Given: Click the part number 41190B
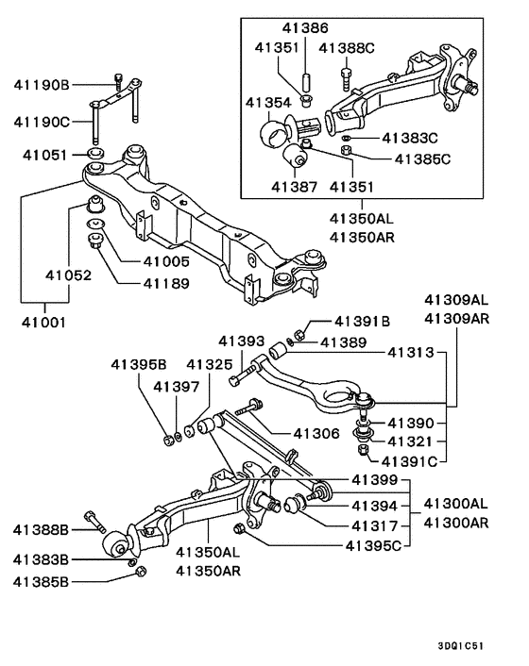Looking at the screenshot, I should point(42,85).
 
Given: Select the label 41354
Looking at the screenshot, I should point(269,101).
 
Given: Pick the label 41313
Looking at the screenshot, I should point(411,353).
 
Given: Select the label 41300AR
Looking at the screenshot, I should point(456,522).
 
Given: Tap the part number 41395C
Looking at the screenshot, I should point(376,544).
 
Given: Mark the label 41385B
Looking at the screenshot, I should point(42,582).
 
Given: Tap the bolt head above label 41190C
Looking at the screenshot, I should point(117,79).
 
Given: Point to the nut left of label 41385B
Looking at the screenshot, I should point(138,573).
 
